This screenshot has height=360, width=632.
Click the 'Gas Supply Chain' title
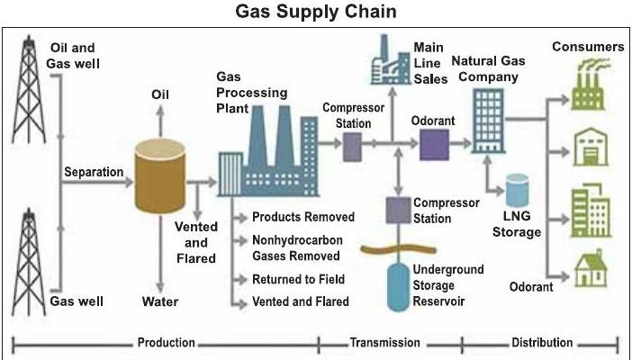316,12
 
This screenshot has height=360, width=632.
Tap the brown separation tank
160,175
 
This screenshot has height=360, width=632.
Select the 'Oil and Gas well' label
73,56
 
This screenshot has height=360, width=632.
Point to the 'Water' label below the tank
160,301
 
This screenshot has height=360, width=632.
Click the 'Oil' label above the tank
160,94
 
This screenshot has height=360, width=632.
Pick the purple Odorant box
434,145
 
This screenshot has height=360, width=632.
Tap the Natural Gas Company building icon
488,121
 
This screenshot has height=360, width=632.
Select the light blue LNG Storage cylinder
517,190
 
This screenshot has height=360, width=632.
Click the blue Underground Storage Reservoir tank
398,287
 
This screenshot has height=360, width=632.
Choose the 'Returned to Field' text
298,279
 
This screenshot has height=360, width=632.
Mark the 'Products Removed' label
303,217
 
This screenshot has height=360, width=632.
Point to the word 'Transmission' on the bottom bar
385,343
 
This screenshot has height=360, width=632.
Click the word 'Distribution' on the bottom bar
542,343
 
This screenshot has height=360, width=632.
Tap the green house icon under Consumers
591,268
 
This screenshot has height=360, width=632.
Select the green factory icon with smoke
589,85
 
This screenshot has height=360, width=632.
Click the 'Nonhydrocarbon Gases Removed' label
297,247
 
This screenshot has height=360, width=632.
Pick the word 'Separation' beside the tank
94,172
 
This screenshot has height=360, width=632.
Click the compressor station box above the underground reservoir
398,210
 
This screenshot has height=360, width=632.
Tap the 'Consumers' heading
588,47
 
